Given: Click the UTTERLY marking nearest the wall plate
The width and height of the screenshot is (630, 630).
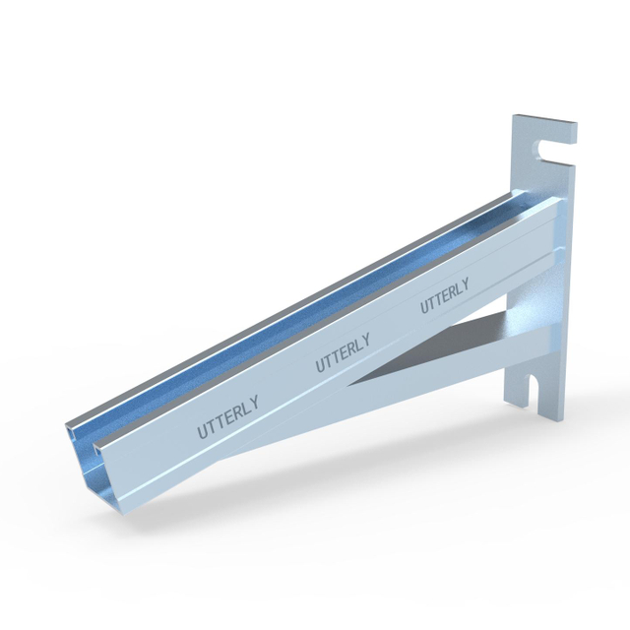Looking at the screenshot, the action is coord(444,295).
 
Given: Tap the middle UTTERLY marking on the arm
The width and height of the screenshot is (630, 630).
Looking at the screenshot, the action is coord(343,353).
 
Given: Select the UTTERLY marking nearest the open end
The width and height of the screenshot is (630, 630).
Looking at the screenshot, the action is coord(227,416).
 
